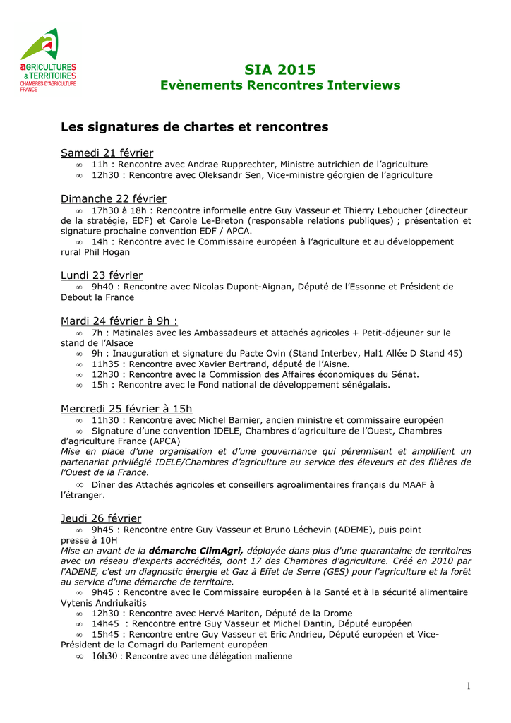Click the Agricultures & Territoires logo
47,61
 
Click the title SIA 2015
280,69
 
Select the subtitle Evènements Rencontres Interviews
280,85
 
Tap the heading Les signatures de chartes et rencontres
195,127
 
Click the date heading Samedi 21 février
107,153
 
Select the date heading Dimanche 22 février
114,198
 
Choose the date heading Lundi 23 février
102,275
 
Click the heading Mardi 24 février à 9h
119,321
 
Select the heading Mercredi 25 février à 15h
126,409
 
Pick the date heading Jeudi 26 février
101,518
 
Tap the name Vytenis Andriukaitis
104,603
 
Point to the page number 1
468,686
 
